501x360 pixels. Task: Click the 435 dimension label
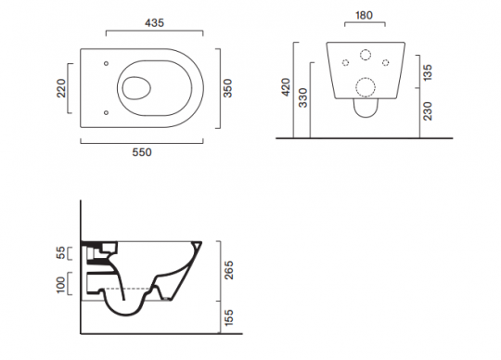(x=154, y=23)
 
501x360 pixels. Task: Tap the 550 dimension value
(x=142, y=152)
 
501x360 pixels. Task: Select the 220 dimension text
(x=60, y=88)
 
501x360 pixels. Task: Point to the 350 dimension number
(x=228, y=88)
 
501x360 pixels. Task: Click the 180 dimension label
(x=364, y=15)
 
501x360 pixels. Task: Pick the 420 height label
(x=286, y=86)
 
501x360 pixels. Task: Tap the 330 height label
(x=302, y=97)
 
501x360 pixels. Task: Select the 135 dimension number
(x=428, y=72)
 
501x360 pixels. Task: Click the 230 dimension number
(x=428, y=111)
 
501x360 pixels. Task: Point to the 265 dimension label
(x=229, y=270)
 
